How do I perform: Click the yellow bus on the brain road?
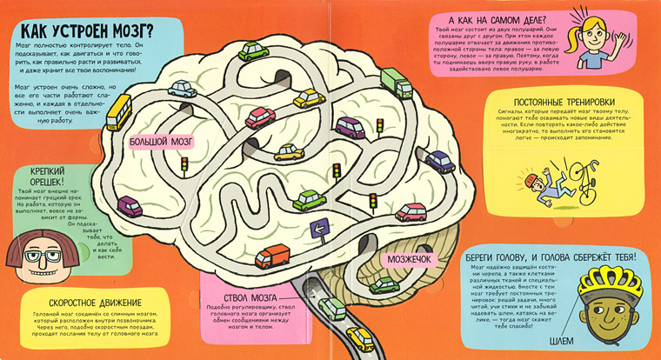coord(118,112)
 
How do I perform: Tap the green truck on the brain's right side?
coord(396,85)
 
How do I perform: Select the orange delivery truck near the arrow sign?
coord(273,257)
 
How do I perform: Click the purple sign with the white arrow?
coord(318,230)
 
